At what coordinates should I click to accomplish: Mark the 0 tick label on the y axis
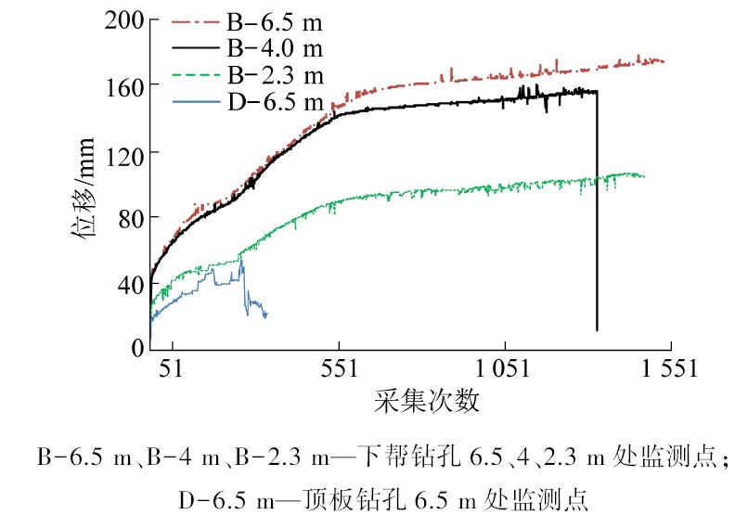[135, 348]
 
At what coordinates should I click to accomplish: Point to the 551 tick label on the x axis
[338, 369]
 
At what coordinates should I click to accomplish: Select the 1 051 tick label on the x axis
[504, 369]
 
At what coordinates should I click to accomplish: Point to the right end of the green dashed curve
[643, 176]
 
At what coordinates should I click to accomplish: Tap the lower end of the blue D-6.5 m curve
[265, 316]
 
